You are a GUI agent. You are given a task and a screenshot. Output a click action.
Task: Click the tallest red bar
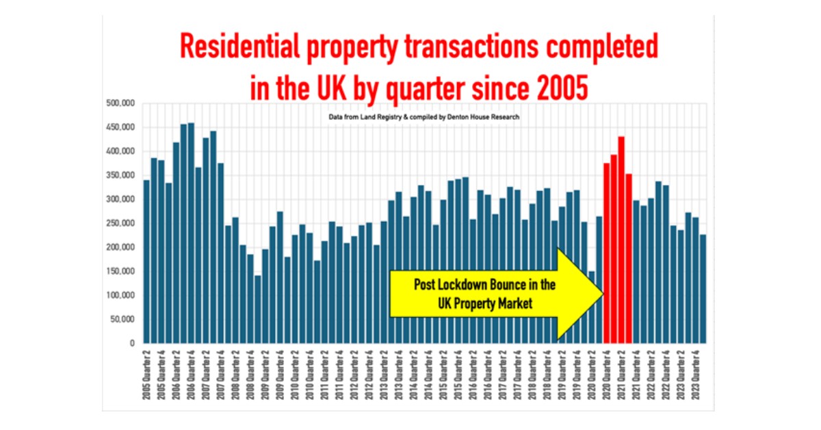pyautogui.click(x=621, y=240)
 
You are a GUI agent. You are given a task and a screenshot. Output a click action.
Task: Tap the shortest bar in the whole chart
pyautogui.click(x=257, y=309)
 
